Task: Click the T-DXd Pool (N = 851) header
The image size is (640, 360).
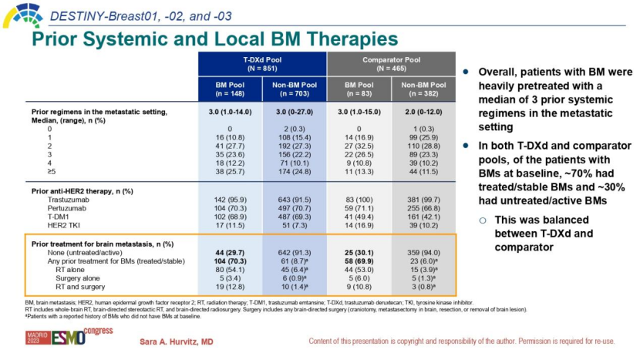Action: tap(262, 63)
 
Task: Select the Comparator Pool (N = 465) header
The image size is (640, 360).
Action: tap(391, 63)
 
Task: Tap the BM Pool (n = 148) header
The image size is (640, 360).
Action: tap(230, 89)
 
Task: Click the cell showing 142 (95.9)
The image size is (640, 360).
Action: tap(230, 200)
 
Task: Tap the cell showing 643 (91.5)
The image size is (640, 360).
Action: tap(295, 200)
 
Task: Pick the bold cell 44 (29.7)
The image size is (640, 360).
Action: tap(230, 253)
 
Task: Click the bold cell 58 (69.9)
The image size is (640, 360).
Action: tap(359, 262)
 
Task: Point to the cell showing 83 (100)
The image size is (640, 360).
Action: tap(359, 200)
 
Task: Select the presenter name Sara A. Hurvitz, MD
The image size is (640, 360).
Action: tap(176, 341)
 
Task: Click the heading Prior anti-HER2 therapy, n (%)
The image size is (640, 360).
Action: tap(83, 190)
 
